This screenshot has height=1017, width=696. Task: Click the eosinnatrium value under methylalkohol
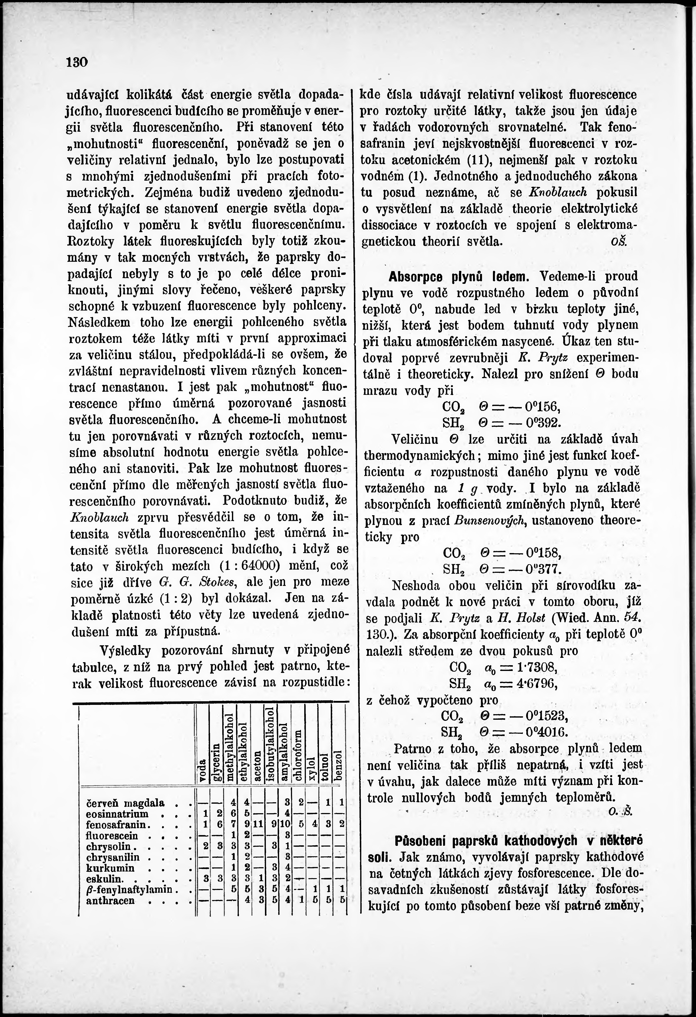[233, 814]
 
